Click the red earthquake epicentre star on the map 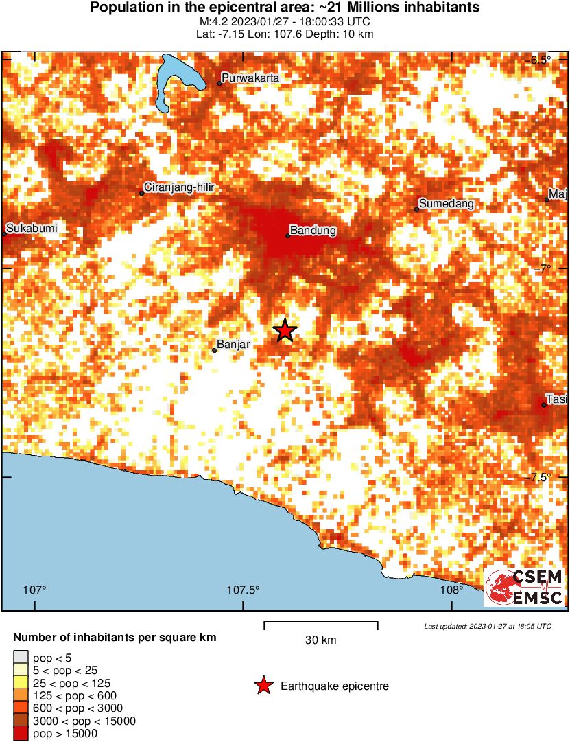[285, 331]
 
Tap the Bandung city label [313, 231]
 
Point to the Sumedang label [446, 204]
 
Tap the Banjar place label [232, 345]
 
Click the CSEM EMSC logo [525, 588]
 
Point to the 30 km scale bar [321, 623]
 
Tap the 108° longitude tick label [452, 590]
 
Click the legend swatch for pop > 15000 [21, 734]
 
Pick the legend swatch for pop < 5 [21, 658]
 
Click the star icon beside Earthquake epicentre [263, 686]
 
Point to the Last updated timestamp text [487, 626]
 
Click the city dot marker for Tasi [544, 405]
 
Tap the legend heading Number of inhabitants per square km [115, 638]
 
